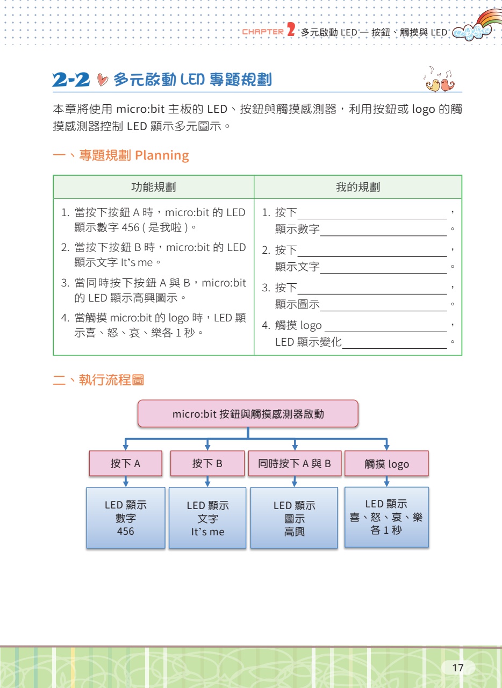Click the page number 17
(458, 668)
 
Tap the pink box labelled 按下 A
(125, 463)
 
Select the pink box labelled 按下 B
(207, 463)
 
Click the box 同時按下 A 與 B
(295, 463)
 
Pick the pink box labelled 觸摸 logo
(386, 464)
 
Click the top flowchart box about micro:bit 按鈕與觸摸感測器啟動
(248, 414)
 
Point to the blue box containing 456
(126, 518)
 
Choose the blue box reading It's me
(207, 518)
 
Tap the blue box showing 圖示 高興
(294, 518)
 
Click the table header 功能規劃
(154, 187)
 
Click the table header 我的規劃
(358, 187)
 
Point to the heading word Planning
(162, 156)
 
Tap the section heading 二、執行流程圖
(98, 381)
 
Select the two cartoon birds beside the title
(440, 82)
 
